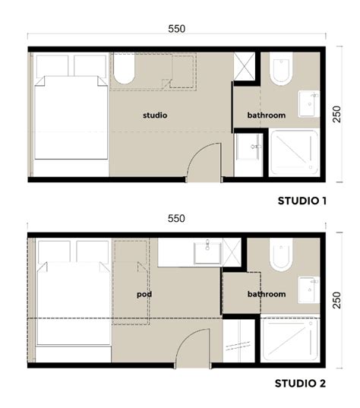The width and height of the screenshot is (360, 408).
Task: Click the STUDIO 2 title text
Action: pyautogui.click(x=300, y=383)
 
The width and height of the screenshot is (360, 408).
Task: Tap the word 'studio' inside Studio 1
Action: pyautogui.click(x=155, y=115)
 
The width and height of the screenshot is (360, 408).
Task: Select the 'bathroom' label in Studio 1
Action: pyautogui.click(x=266, y=115)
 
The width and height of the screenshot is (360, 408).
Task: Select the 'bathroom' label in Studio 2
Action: pyautogui.click(x=266, y=294)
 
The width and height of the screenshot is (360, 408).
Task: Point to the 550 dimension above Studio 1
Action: pyautogui.click(x=176, y=28)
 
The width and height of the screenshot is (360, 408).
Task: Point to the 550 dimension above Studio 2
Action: pyautogui.click(x=176, y=218)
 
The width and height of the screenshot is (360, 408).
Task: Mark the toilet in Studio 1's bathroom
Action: pyautogui.click(x=279, y=69)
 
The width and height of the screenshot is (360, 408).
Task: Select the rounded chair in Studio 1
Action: pyautogui.click(x=124, y=70)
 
